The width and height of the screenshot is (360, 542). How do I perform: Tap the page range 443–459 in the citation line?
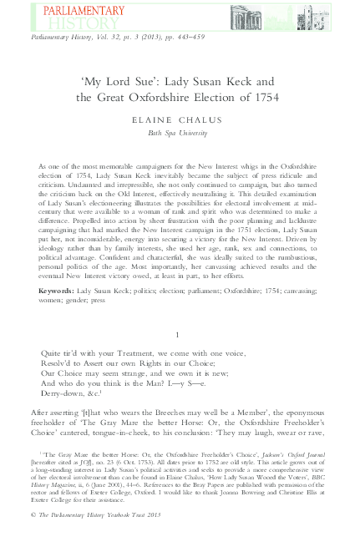(x=191, y=39)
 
